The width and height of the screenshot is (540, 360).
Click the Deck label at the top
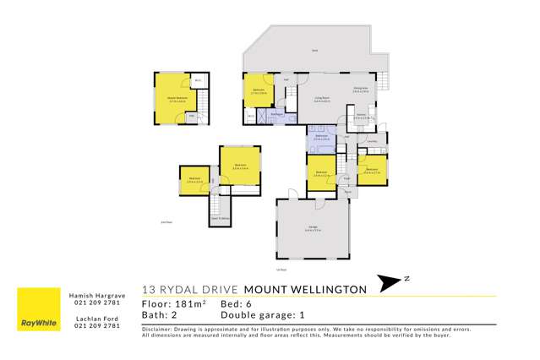click(x=314, y=51)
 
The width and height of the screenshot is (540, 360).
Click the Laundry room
click(x=373, y=140)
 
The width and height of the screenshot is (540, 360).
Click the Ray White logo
click(x=35, y=325)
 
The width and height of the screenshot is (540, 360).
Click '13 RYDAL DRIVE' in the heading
click(x=190, y=288)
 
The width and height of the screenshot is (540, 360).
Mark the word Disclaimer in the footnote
click(x=158, y=329)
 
